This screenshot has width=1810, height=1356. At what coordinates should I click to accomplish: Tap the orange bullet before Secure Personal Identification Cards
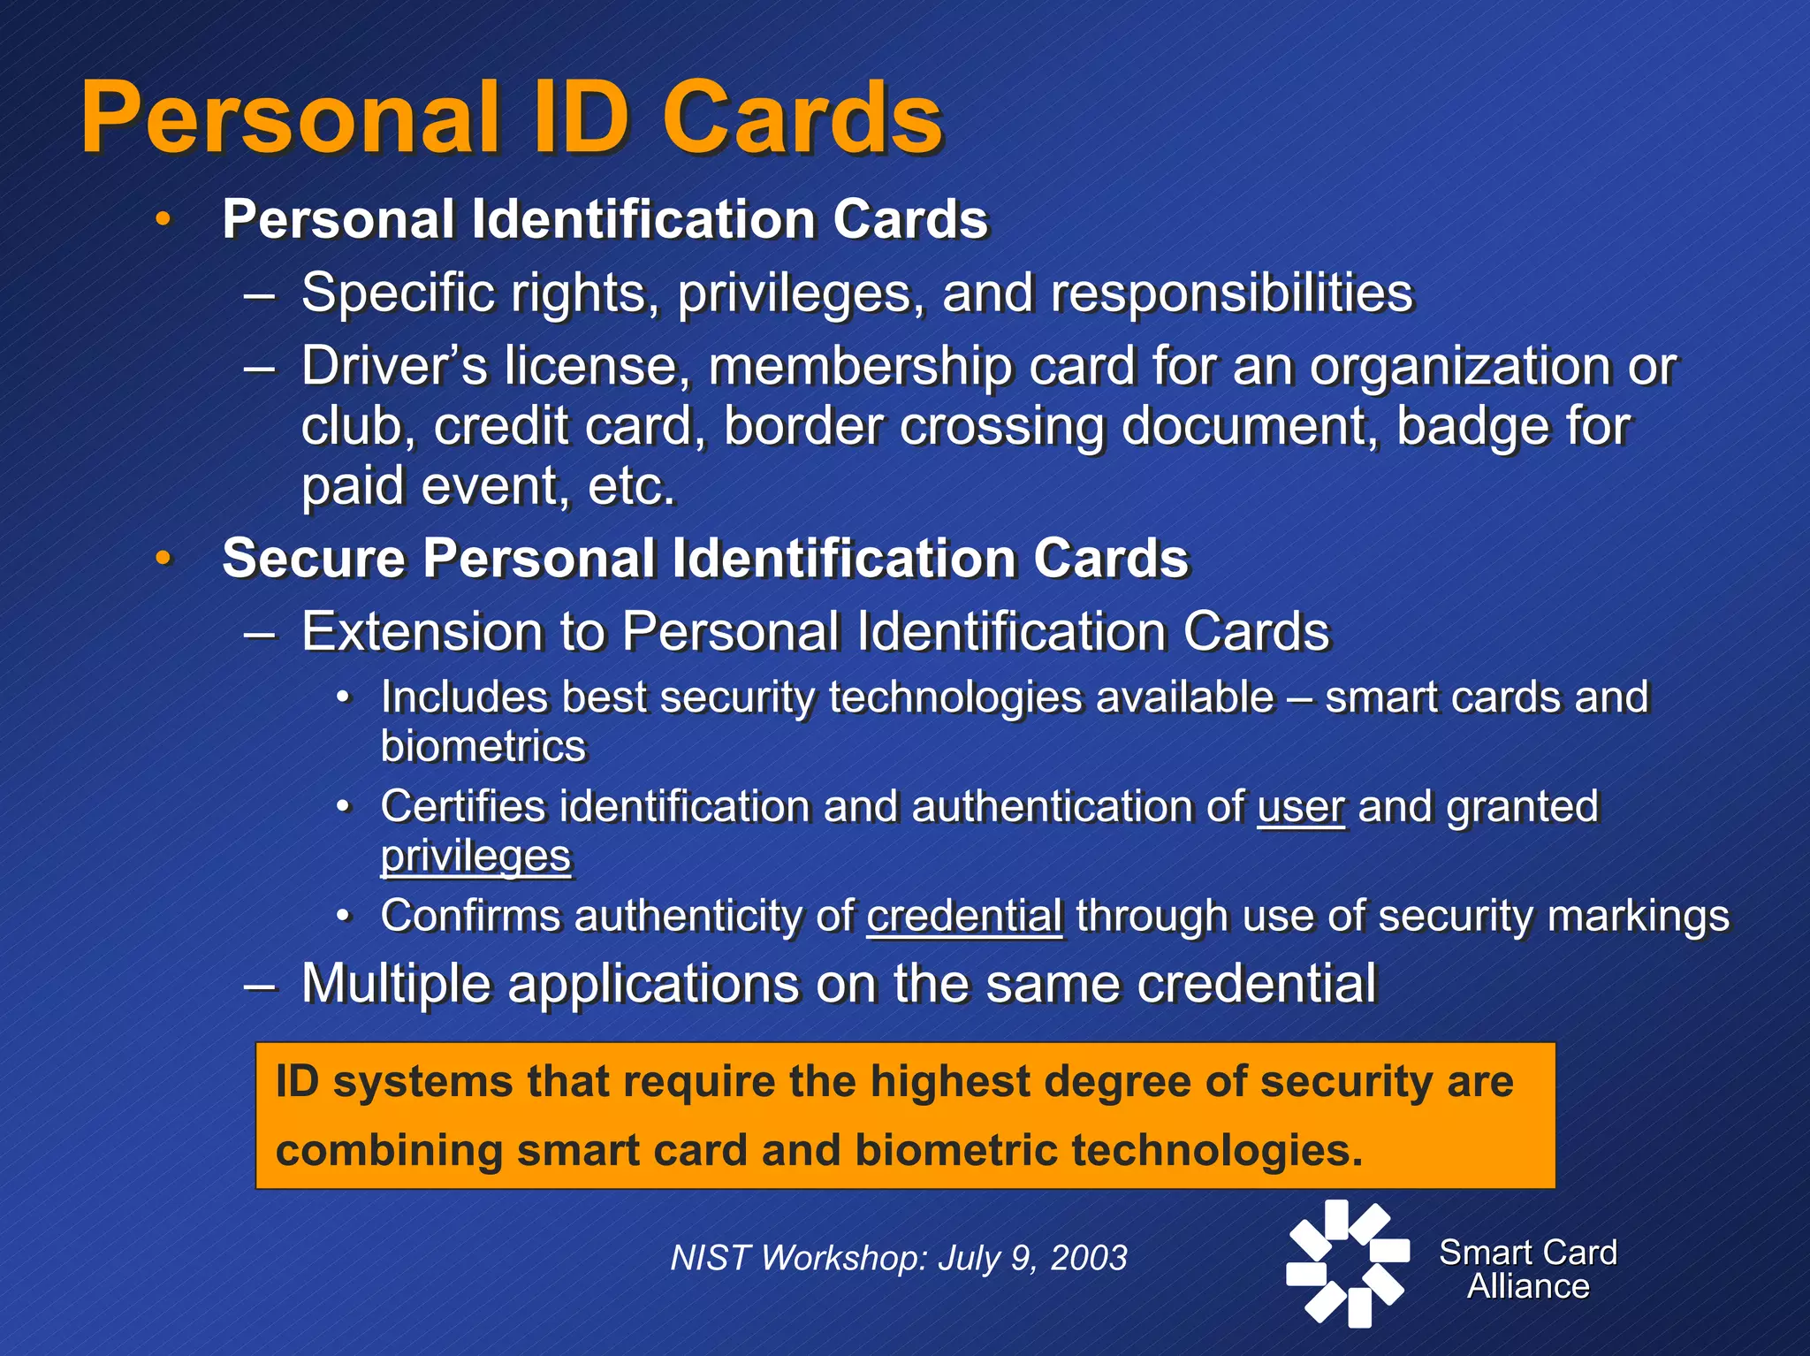163,559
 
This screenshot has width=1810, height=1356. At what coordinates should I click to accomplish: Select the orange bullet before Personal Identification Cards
163,219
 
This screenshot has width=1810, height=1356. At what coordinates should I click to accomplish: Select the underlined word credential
964,916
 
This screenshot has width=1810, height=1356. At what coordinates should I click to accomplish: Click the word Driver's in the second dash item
393,367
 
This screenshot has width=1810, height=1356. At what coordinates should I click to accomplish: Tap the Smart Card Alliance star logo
1347,1264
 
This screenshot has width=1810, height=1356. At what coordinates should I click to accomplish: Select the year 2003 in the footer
1089,1258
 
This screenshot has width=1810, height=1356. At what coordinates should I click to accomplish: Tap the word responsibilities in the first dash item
1232,293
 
